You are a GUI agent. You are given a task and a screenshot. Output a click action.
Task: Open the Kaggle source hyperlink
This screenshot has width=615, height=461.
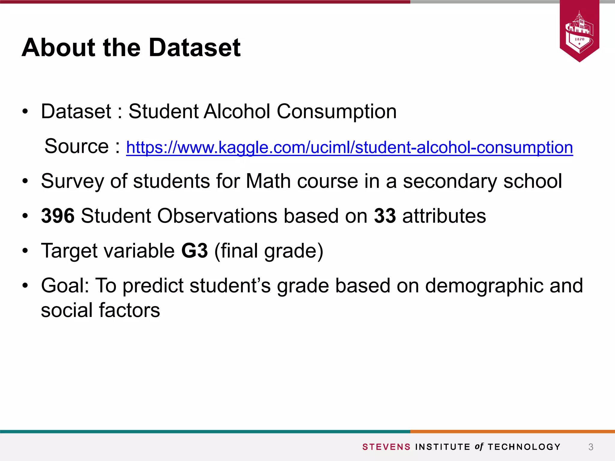click(x=349, y=147)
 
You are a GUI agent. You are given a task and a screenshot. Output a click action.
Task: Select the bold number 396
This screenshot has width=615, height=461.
click(x=58, y=216)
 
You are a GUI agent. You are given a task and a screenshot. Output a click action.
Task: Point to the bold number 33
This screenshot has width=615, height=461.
click(x=385, y=216)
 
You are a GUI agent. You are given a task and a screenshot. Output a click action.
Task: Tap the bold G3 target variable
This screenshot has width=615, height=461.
click(x=195, y=251)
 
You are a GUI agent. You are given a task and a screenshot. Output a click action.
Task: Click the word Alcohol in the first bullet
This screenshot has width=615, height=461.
click(x=237, y=111)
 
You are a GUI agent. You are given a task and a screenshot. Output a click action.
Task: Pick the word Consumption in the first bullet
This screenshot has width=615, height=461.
click(x=336, y=112)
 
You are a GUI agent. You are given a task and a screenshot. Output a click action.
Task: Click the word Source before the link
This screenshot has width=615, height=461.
click(x=77, y=146)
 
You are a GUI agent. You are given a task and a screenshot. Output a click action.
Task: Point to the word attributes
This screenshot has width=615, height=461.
click(x=444, y=216)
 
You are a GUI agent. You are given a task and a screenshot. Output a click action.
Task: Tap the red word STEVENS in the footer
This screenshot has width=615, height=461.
click(x=386, y=447)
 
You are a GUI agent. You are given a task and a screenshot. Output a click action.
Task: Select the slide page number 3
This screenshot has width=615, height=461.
click(x=591, y=447)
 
